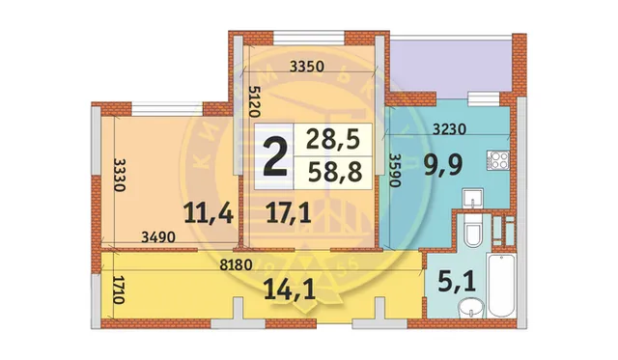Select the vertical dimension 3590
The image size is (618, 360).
pos(394,174)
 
